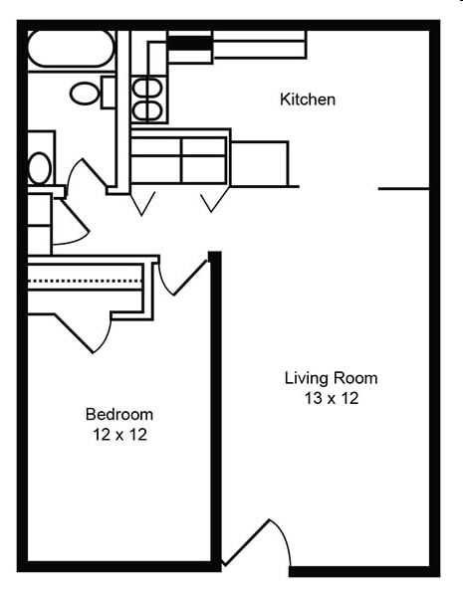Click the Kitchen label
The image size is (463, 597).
pos(308,99)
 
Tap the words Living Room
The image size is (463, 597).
pos(331,378)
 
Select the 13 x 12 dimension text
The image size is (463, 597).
pos(331,399)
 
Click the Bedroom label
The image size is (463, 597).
pos(119,414)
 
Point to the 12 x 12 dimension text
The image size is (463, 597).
pos(119,435)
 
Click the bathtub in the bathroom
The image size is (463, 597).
pos(71,50)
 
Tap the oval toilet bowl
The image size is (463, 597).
pos(85,94)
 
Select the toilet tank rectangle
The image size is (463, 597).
pos(109,93)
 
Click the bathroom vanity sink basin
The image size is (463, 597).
pos(39,167)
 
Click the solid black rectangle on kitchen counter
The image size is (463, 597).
pos(189,43)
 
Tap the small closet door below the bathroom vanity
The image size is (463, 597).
pos(69,224)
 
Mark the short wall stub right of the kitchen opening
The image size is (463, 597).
pos(403,187)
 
